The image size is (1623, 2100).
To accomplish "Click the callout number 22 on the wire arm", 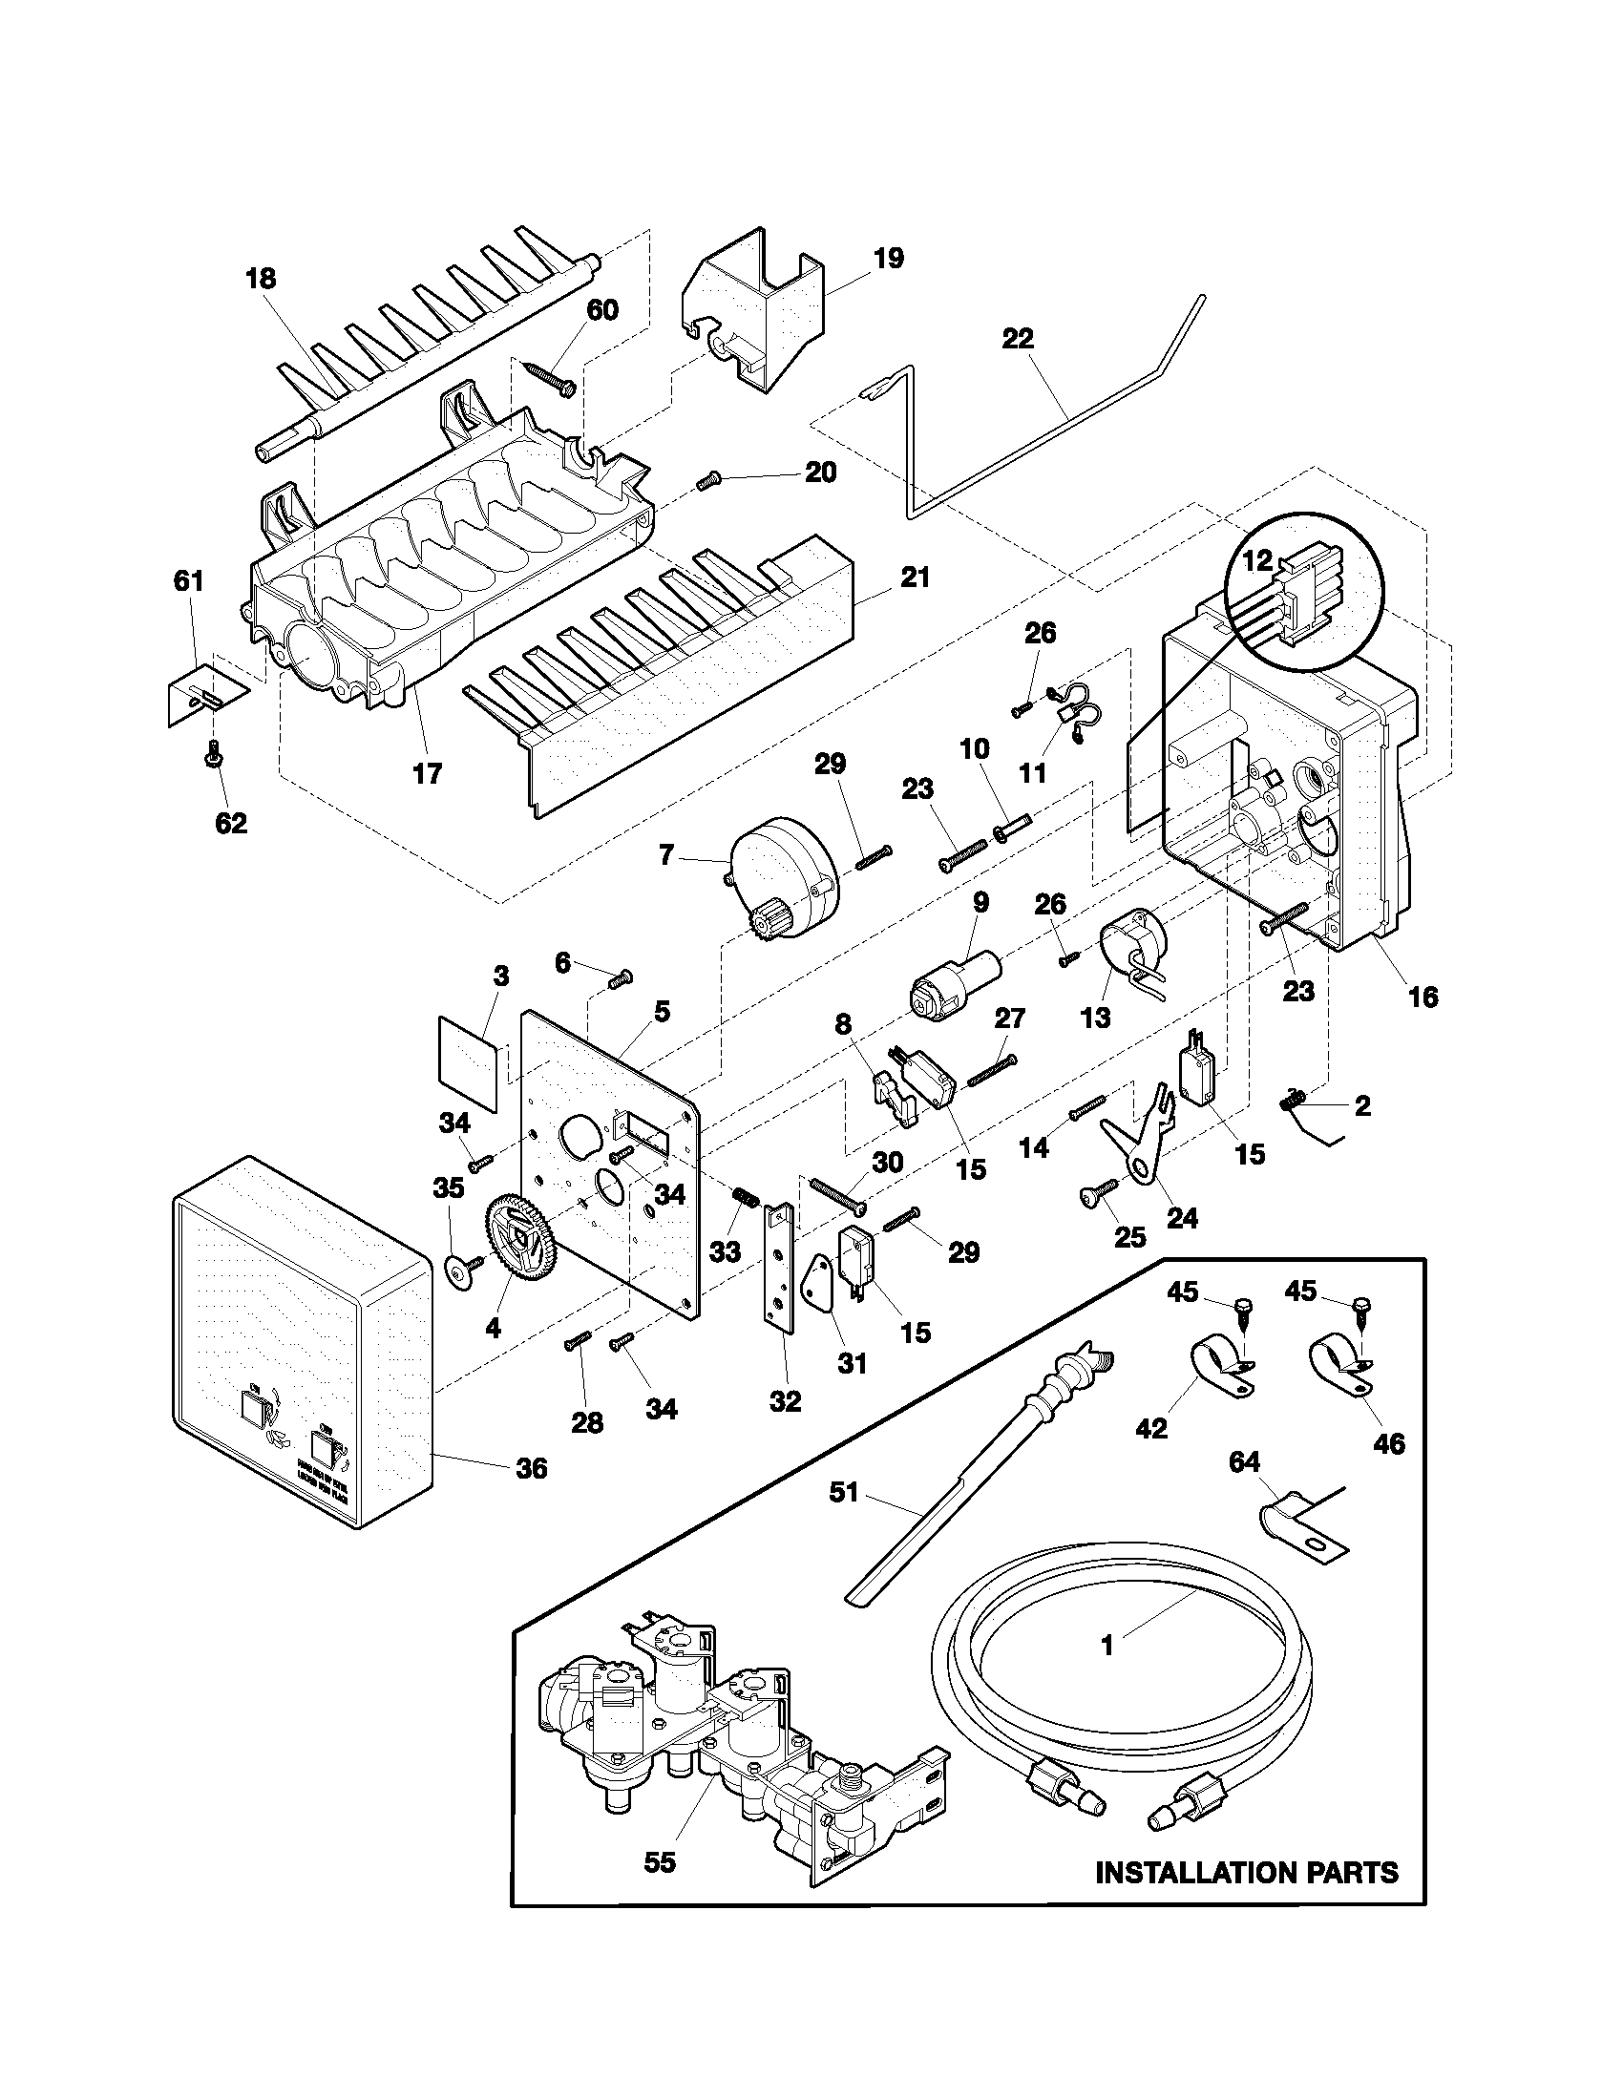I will (1018, 339).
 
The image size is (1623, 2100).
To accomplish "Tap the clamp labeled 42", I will (1216, 1366).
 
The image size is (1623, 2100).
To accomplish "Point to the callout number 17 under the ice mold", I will (427, 773).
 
